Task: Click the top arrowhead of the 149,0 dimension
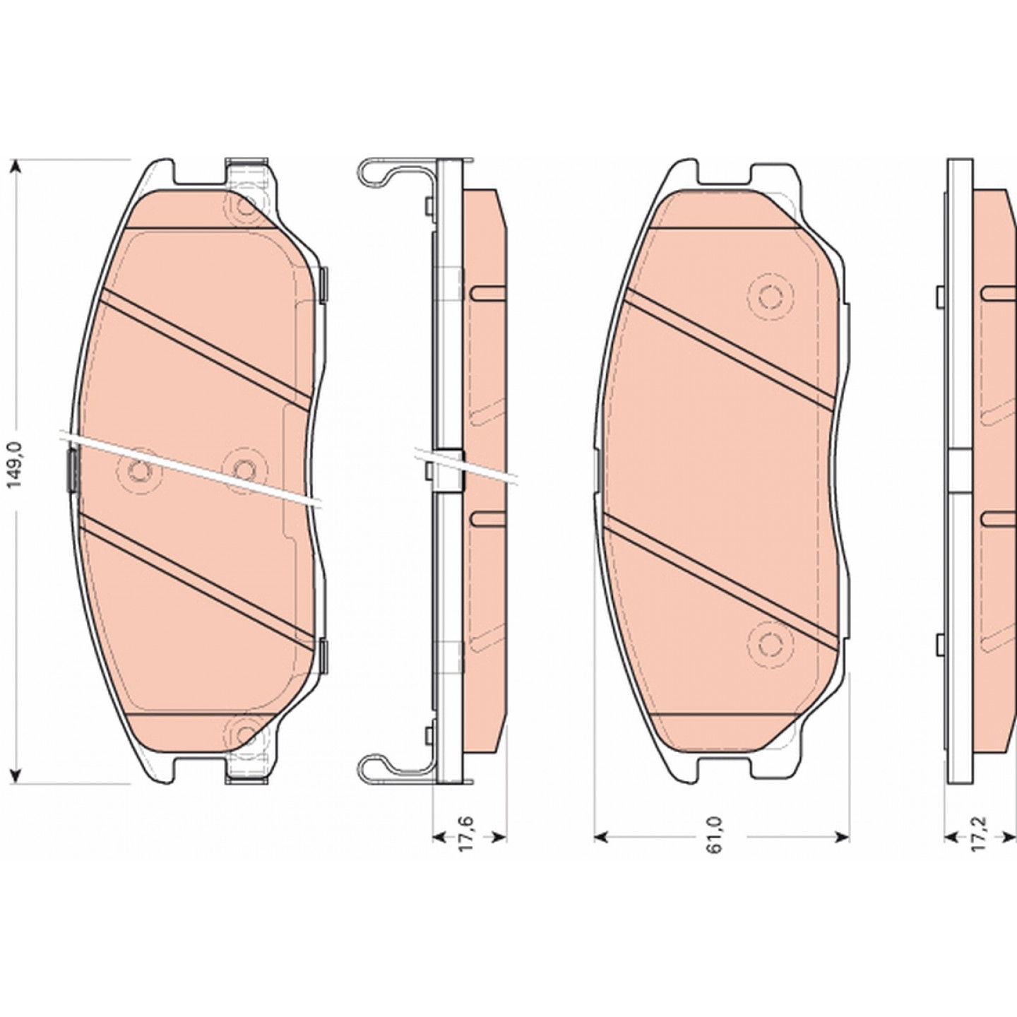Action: [18, 167]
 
